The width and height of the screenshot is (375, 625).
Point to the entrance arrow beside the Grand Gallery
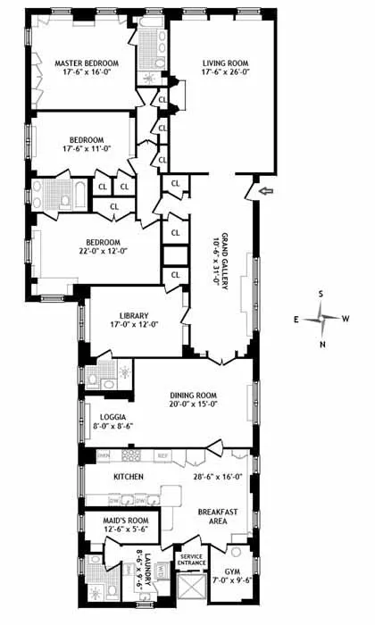click(x=263, y=189)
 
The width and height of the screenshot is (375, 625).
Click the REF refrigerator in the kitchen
click(x=162, y=455)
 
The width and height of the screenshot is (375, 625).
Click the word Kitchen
click(x=128, y=478)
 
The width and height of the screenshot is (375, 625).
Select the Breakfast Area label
click(x=217, y=518)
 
